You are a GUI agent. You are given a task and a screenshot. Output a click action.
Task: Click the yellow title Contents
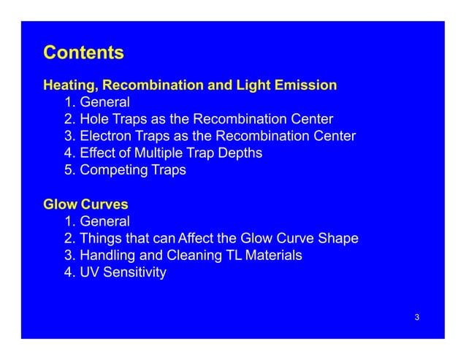83,53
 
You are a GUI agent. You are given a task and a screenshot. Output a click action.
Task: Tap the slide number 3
416,317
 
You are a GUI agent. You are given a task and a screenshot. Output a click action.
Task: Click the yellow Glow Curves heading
80,204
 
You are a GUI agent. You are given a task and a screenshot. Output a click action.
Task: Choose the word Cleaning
196,256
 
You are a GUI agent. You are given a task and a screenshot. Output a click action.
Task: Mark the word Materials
273,256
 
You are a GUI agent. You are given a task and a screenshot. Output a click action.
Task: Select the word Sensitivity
135,273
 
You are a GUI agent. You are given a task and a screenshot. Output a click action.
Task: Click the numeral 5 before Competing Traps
69,170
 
